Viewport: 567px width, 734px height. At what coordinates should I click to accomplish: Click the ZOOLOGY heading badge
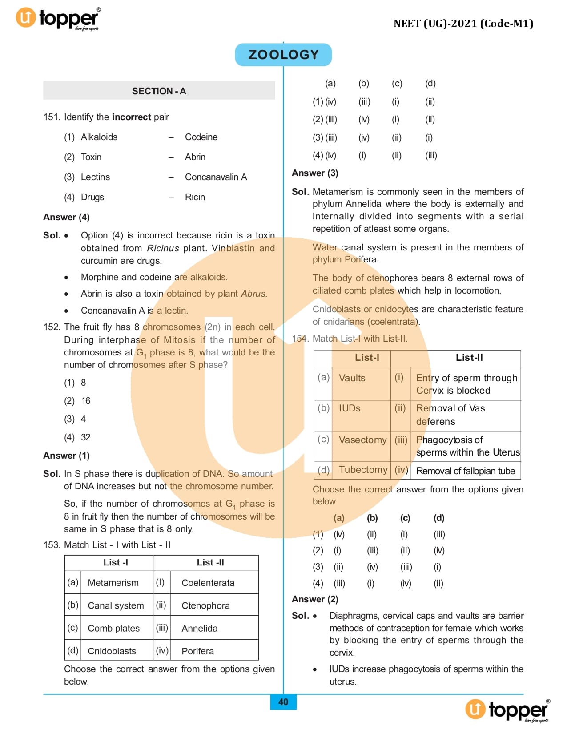click(x=283, y=55)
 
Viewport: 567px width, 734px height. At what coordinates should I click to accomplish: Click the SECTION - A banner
click(x=159, y=91)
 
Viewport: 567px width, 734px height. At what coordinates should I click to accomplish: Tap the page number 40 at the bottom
click(x=283, y=702)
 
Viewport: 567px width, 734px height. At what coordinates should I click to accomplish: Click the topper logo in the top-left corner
click(x=58, y=19)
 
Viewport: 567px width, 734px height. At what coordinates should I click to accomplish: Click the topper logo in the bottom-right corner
click(x=507, y=710)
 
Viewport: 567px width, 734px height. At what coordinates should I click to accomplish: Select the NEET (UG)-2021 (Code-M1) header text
click(x=463, y=24)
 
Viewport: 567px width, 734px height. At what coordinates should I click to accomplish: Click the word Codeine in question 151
click(x=201, y=137)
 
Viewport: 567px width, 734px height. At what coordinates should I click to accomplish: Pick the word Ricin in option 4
click(x=195, y=197)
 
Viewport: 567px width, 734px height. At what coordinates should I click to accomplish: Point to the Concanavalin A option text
click(x=216, y=177)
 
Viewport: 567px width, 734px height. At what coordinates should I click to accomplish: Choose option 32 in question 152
click(x=85, y=437)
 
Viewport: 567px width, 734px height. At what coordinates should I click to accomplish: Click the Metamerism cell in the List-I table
click(x=113, y=583)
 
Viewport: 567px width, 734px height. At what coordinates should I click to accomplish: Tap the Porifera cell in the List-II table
click(x=197, y=651)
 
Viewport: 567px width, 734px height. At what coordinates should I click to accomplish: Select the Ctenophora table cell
click(x=205, y=605)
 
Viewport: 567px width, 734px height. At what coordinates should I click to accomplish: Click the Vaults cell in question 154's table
click(x=352, y=378)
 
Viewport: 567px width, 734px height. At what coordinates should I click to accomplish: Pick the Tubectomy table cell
click(x=363, y=470)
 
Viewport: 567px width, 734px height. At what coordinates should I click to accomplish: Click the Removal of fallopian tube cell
click(x=465, y=471)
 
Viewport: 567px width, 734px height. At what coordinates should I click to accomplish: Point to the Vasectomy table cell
click(x=362, y=440)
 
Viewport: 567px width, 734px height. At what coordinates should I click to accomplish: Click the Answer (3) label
click(x=315, y=173)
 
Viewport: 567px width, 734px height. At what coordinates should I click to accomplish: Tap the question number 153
click(x=51, y=545)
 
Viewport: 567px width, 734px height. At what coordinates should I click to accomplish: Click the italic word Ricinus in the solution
click(x=163, y=248)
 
